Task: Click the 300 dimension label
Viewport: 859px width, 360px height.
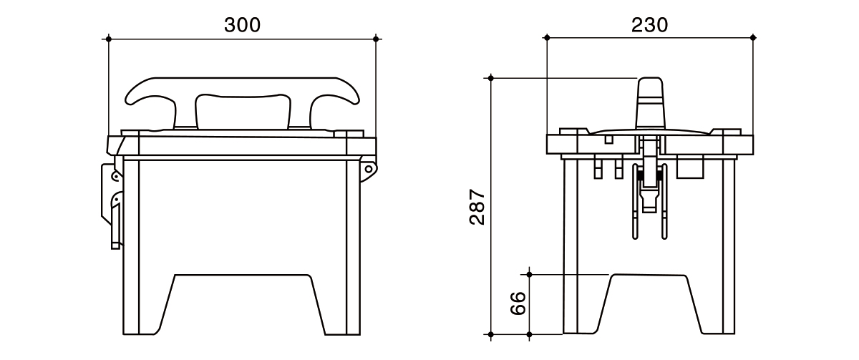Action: pos(243,25)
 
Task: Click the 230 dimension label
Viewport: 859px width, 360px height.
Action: pos(650,25)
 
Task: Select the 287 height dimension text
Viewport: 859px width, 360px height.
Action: pos(477,206)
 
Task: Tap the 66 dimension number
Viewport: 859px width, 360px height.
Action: pos(518,303)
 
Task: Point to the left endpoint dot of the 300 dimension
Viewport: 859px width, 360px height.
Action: pos(109,39)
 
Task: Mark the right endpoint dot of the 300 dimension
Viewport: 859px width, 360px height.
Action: pos(376,39)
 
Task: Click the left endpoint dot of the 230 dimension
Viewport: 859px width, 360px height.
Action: pos(547,37)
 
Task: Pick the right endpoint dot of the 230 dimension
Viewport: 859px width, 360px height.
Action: pos(753,37)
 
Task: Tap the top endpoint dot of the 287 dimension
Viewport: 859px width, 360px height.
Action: pos(491,78)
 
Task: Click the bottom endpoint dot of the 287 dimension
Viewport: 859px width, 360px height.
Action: pos(491,335)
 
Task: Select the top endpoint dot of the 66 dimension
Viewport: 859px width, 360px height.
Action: pos(529,275)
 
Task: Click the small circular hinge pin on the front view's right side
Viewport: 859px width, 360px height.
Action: pos(368,169)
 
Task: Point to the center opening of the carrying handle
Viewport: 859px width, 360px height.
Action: pos(243,111)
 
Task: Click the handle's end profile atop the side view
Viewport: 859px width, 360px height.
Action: pos(650,104)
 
